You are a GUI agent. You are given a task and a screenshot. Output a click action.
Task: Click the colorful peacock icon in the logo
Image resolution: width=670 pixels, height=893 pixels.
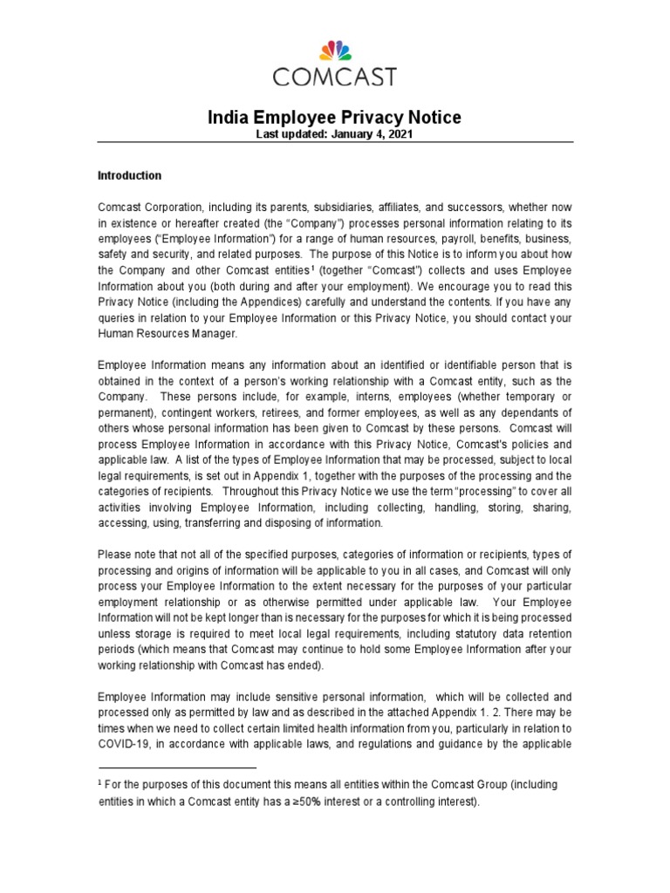(x=335, y=51)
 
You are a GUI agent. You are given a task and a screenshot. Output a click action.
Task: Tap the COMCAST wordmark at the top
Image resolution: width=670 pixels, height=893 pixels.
(x=335, y=78)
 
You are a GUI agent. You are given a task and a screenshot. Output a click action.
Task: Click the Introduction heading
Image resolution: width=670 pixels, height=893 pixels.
(x=129, y=175)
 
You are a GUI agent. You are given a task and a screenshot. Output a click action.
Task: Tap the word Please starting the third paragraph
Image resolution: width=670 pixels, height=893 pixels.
(x=114, y=554)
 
